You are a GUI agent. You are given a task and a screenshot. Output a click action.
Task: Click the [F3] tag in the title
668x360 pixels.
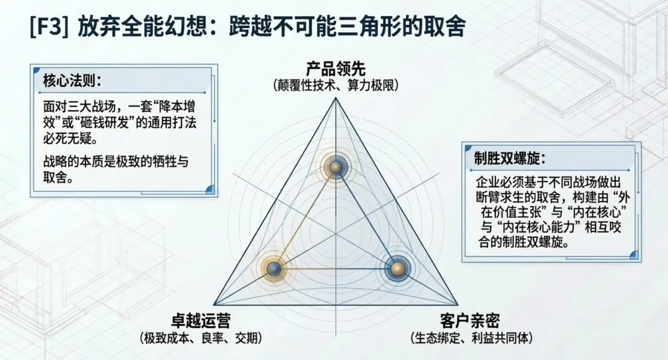coord(49,27)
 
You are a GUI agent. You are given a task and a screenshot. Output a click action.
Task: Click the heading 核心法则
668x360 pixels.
coord(72,80)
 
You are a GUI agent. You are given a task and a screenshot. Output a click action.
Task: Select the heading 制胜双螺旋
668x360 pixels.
coord(510,158)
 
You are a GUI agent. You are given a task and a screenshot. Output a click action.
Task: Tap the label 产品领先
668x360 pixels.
coord(336,68)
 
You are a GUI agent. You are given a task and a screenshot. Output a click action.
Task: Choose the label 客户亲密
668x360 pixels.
coord(469,320)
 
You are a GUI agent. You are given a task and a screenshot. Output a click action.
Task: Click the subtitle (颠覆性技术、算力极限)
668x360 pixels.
coord(336,85)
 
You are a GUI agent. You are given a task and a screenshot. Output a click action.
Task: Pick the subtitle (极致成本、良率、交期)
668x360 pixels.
coord(200,338)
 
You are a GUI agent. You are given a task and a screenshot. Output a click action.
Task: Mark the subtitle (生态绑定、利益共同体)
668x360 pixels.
coord(471,338)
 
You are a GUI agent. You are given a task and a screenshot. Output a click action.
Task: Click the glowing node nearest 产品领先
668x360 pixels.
coord(336,166)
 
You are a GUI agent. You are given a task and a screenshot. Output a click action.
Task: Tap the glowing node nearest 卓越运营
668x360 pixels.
coord(274,269)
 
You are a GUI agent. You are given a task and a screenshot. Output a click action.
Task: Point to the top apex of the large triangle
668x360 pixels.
coord(336,98)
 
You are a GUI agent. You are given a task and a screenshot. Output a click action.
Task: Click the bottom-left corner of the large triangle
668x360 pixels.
coord(214,304)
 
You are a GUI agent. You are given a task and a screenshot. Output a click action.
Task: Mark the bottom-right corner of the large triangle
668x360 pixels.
coord(458,304)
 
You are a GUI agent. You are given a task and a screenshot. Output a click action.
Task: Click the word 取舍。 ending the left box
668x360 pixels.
coord(58,178)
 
